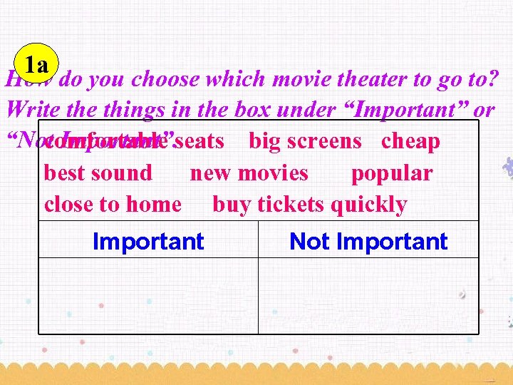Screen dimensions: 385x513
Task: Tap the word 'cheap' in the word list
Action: click(x=410, y=141)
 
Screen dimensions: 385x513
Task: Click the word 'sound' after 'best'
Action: click(x=123, y=173)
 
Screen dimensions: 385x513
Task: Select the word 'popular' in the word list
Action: click(x=391, y=173)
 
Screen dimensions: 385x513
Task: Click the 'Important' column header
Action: click(x=148, y=242)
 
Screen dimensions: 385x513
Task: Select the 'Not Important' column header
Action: click(x=368, y=242)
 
